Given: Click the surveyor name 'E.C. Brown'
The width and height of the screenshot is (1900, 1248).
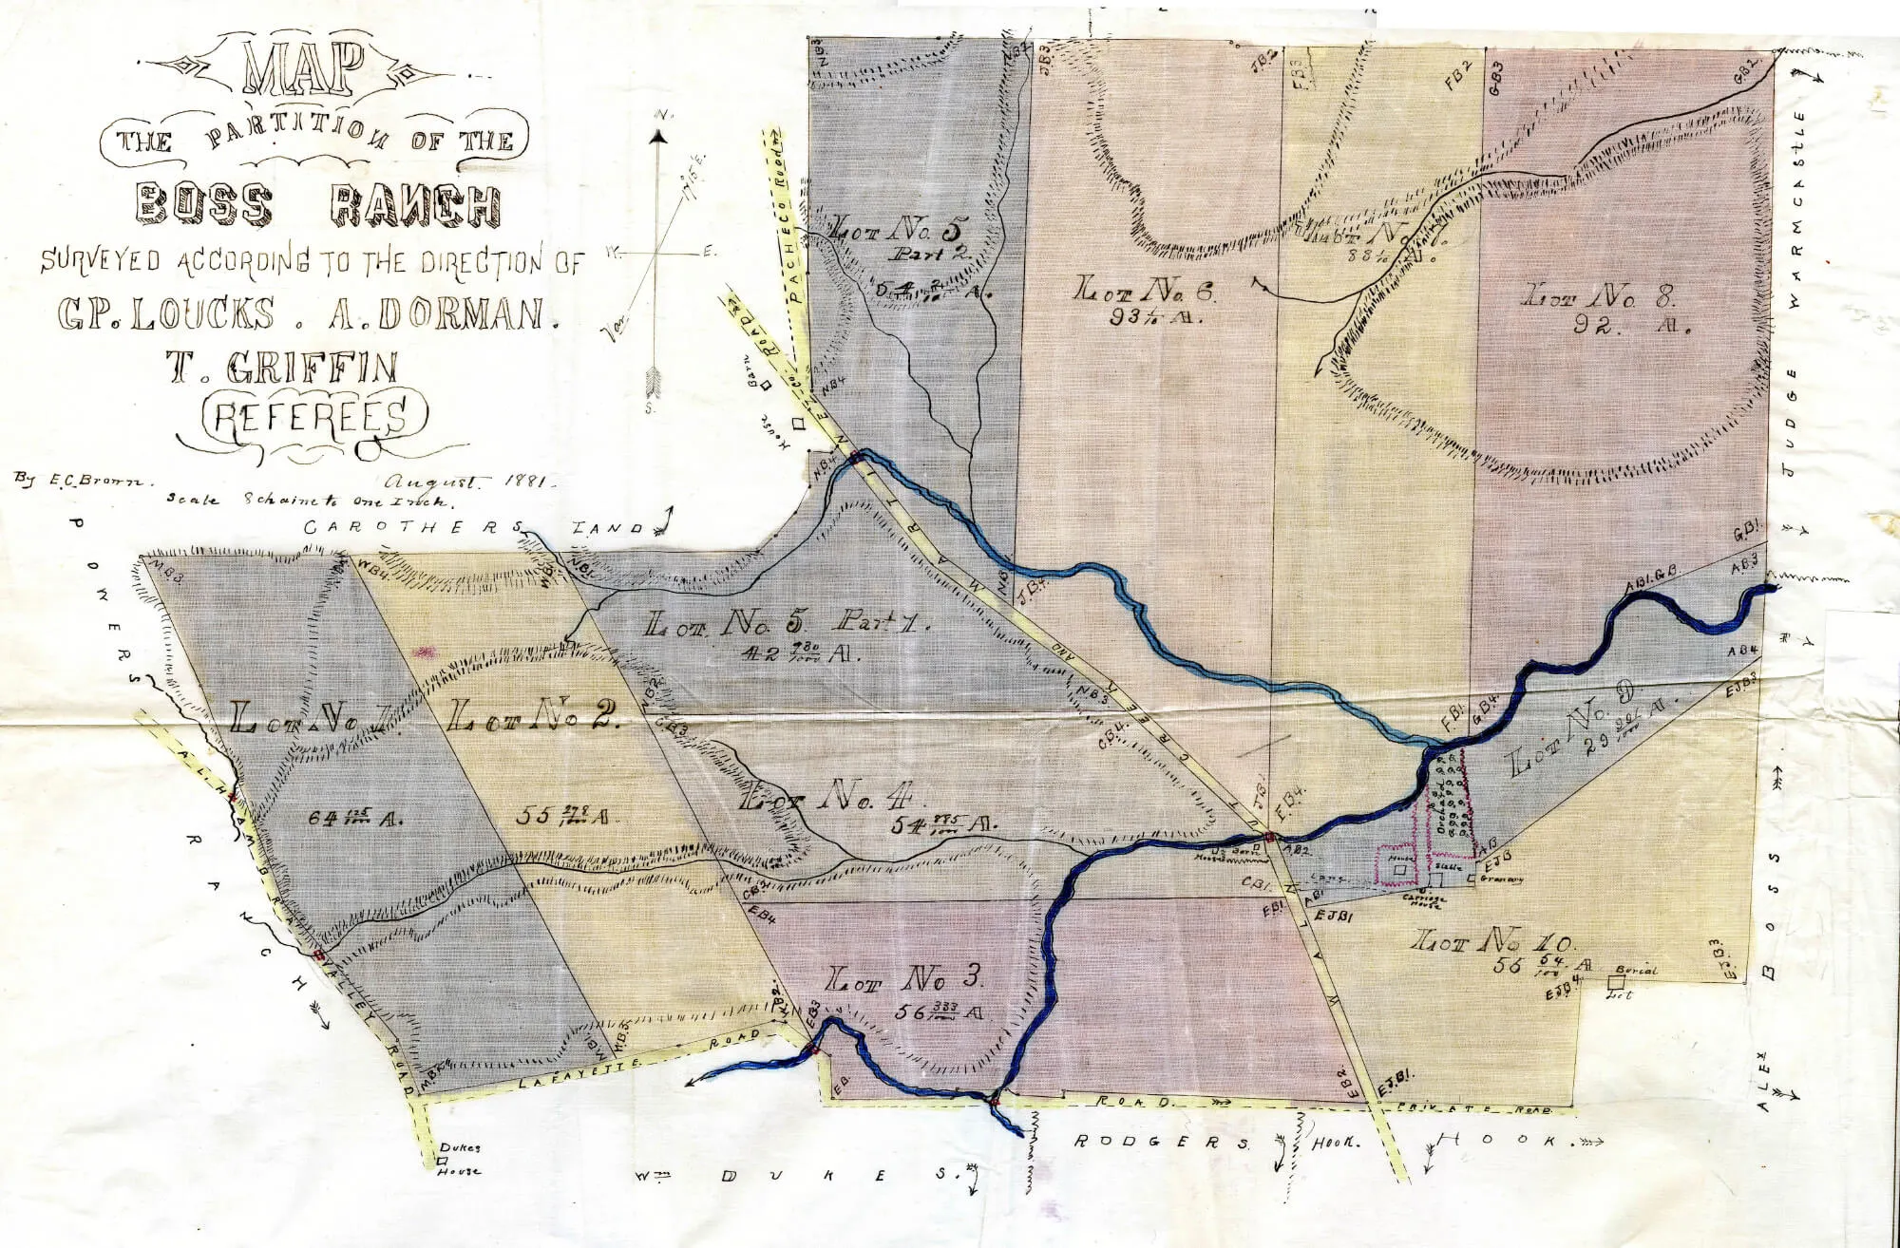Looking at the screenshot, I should [80, 479].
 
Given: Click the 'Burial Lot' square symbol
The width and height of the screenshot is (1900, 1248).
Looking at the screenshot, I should [1615, 982].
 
